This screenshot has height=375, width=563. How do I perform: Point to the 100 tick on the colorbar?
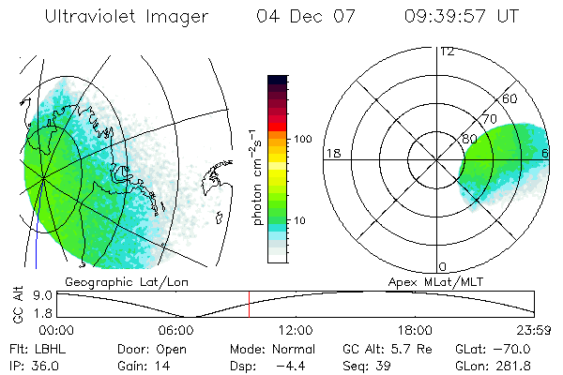pos(302,139)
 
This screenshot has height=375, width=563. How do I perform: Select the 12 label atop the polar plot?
pos(447,51)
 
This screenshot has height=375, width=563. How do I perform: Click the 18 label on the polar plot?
pos(331,153)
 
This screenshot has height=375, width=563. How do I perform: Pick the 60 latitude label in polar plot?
pos(510,98)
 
